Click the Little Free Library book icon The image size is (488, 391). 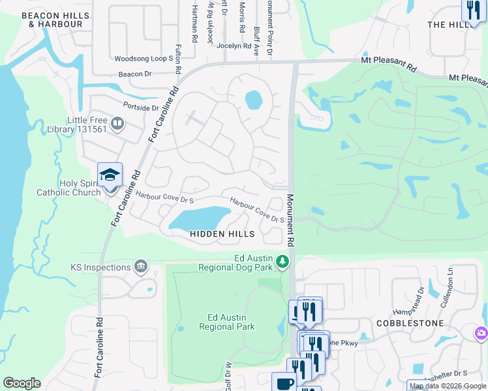(117, 123)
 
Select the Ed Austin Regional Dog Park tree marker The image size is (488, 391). (282, 261)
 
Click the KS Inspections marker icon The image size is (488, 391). (140, 267)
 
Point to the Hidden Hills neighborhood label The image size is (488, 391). (218, 233)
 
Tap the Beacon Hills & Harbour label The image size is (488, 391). (55, 20)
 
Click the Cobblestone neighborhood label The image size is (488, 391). (410, 323)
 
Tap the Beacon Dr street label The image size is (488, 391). (135, 74)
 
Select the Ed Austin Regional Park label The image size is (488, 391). (222, 322)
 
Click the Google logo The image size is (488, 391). (22, 383)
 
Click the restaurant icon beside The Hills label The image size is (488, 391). (472, 9)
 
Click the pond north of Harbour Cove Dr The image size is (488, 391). (253, 100)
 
